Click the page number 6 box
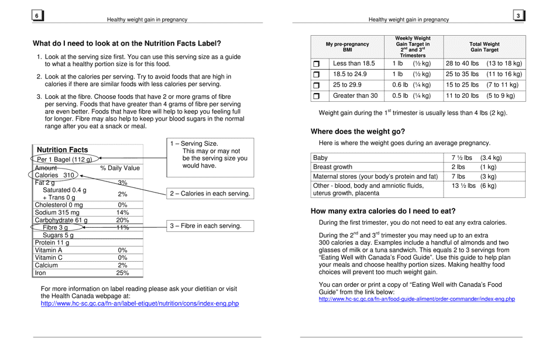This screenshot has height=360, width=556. [37, 16]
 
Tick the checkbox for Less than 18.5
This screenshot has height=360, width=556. [317, 64]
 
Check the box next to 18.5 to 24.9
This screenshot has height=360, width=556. [317, 74]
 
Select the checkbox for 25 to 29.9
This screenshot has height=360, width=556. [317, 85]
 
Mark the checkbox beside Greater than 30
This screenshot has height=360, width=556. [317, 96]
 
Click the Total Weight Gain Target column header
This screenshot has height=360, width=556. [484, 47]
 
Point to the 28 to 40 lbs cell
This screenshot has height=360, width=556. [462, 63]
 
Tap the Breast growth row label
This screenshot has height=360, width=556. [333, 167]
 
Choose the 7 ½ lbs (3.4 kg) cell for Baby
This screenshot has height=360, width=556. [476, 158]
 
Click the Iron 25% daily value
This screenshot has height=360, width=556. [122, 273]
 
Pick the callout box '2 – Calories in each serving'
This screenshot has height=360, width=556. [210, 194]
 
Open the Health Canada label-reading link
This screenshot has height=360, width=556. [139, 303]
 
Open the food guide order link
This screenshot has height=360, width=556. [416, 299]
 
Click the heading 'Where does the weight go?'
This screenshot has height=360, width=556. [358, 132]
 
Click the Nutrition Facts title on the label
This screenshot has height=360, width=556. [62, 150]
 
